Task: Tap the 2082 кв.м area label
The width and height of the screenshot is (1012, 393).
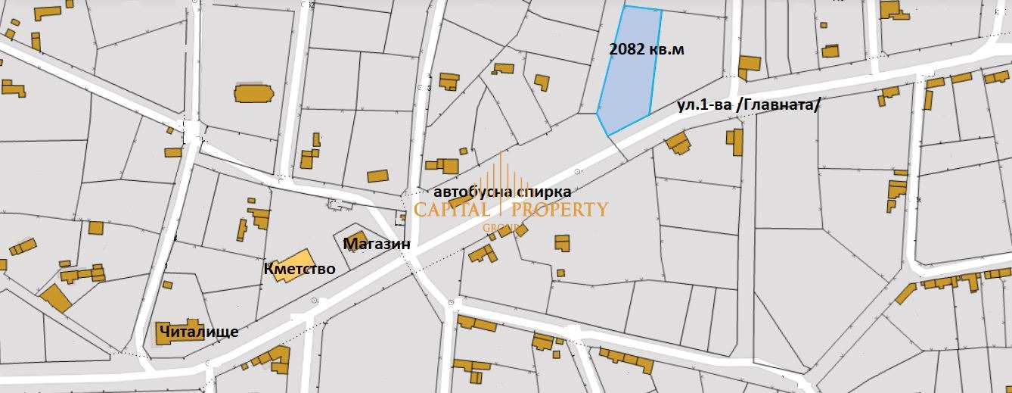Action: click(x=646, y=49)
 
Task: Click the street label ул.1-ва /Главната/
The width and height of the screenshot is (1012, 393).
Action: click(x=748, y=105)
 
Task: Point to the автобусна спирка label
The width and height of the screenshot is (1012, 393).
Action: click(x=502, y=192)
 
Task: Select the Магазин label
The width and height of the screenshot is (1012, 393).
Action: click(x=377, y=245)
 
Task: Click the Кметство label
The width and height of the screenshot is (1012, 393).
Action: click(x=300, y=269)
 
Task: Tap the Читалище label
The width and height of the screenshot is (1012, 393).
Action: click(x=199, y=332)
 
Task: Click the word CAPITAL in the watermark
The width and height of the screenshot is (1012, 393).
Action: click(x=459, y=210)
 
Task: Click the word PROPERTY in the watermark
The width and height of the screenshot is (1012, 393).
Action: click(x=560, y=210)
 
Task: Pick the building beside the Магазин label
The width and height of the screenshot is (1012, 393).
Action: click(x=355, y=237)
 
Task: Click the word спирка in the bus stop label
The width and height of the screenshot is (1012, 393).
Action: click(x=545, y=192)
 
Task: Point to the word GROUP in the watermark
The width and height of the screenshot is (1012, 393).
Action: click(x=501, y=227)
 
